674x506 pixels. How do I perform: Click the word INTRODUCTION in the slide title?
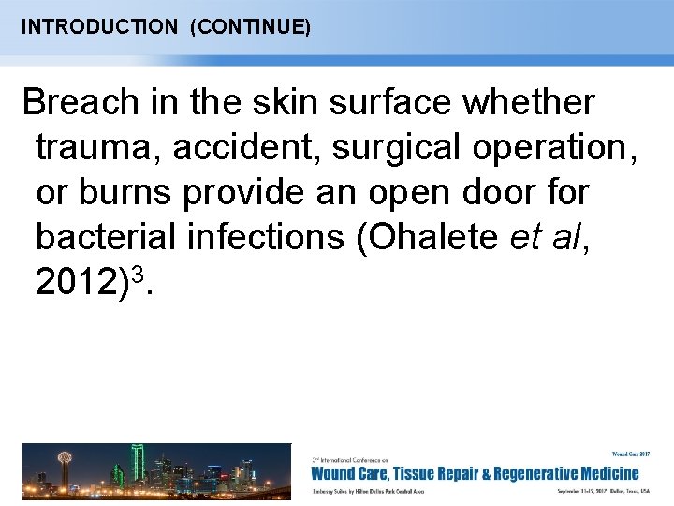point(98,26)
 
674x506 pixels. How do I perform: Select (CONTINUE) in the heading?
point(250,26)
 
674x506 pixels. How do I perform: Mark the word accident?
point(229,146)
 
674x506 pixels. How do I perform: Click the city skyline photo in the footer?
point(156,470)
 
